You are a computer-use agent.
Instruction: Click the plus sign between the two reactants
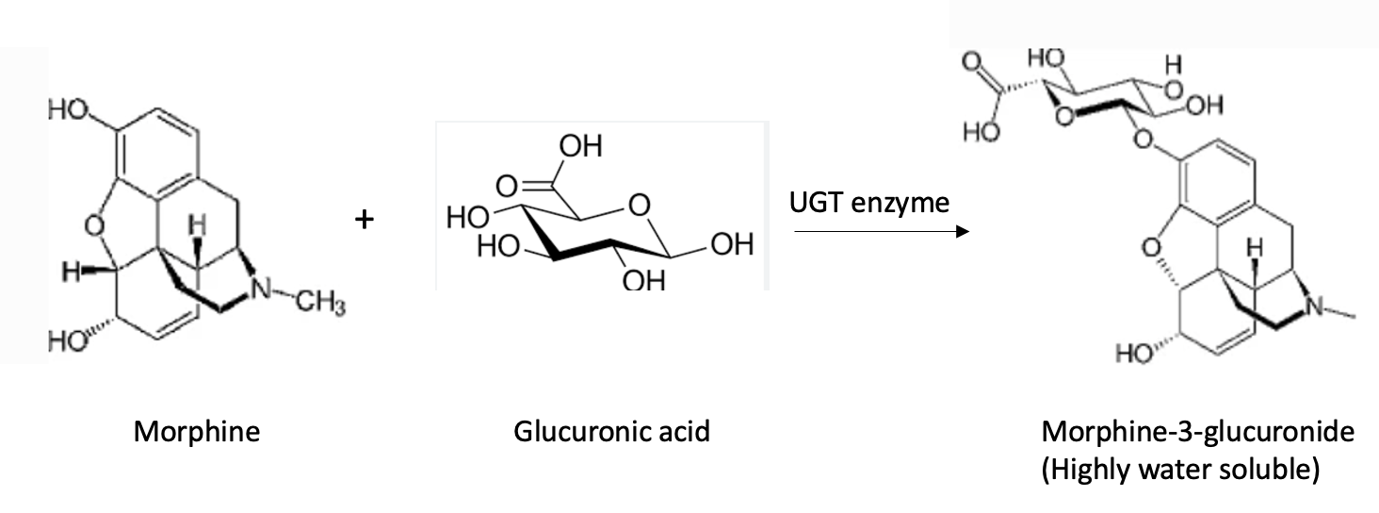pyautogui.click(x=364, y=220)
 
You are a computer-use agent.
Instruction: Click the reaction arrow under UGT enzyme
pyautogui.click(x=881, y=231)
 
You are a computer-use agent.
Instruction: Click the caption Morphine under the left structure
pyautogui.click(x=196, y=432)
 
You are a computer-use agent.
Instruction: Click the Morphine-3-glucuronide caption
pyautogui.click(x=1197, y=432)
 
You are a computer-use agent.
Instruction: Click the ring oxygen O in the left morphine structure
pyautogui.click(x=90, y=224)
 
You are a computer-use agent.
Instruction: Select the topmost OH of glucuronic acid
pyautogui.click(x=579, y=147)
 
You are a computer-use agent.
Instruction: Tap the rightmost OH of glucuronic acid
pyautogui.click(x=732, y=245)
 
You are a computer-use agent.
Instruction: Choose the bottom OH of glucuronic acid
pyautogui.click(x=644, y=280)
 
